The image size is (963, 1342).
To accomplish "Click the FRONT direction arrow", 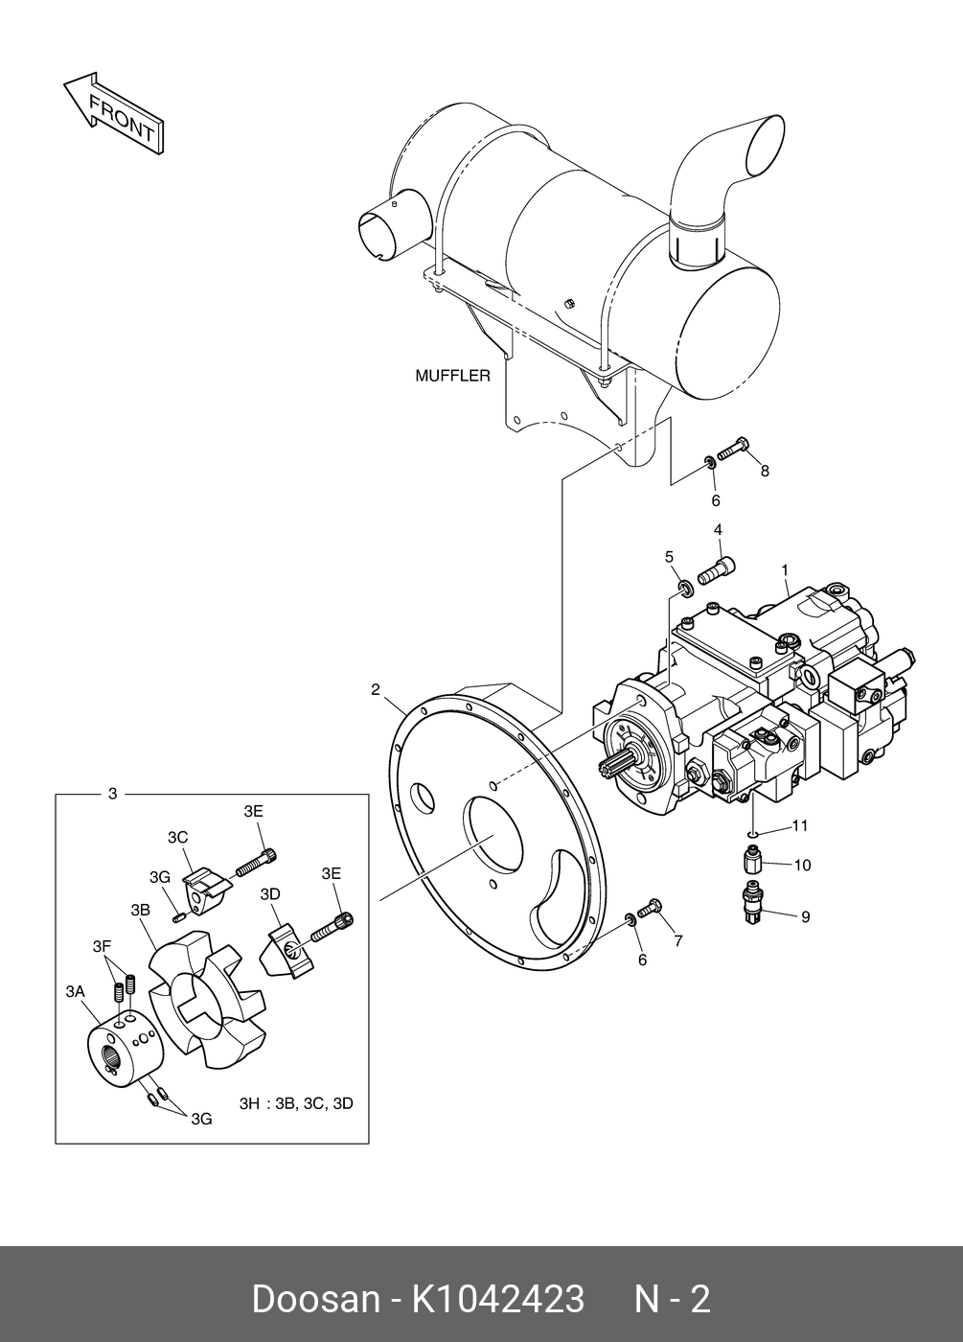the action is (114, 113).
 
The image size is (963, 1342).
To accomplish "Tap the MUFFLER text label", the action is (452, 376).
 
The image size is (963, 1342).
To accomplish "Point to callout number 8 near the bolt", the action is (765, 471).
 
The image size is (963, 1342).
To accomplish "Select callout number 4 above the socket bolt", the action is (718, 529).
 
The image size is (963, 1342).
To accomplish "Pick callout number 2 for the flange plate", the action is (376, 689).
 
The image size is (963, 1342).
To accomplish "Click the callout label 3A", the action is (75, 992).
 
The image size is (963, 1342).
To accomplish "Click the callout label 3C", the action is (178, 837).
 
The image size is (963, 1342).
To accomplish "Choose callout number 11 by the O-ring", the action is (800, 825).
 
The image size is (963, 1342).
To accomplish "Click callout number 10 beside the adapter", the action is (803, 865).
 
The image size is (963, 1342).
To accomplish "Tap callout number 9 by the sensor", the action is (806, 916).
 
